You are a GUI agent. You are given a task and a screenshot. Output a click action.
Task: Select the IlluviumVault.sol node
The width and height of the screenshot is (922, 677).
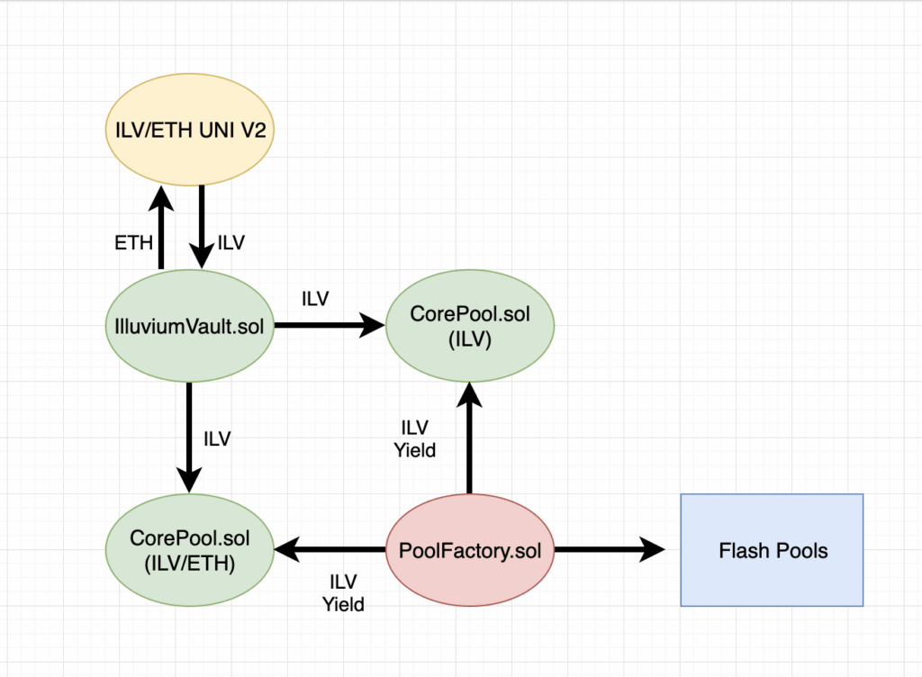click(x=190, y=326)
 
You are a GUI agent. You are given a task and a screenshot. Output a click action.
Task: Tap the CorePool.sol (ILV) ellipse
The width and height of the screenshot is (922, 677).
click(x=469, y=326)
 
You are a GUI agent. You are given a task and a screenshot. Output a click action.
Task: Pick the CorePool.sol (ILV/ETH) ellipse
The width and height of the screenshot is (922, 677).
click(x=190, y=550)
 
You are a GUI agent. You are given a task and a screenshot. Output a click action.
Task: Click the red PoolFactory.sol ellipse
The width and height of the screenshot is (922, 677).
click(x=469, y=550)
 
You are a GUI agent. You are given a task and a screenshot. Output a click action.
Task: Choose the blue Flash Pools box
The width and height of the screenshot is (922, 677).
click(x=772, y=550)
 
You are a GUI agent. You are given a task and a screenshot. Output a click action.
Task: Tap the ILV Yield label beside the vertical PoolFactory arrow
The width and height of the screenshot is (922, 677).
click(x=415, y=438)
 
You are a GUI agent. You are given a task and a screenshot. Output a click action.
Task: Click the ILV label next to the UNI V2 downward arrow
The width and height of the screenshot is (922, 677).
click(x=231, y=243)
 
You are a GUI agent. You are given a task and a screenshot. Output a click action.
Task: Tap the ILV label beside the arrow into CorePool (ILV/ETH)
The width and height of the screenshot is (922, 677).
click(x=217, y=439)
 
